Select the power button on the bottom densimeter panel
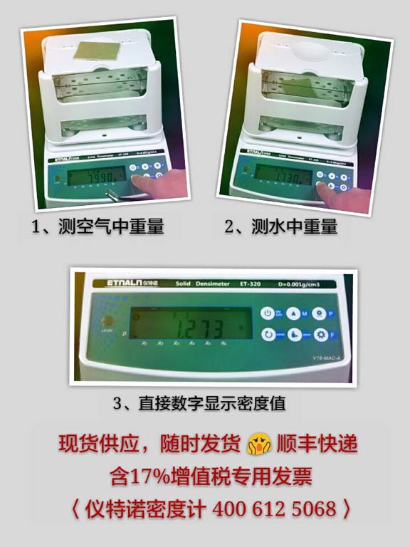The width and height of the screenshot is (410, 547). tap(268, 313)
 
